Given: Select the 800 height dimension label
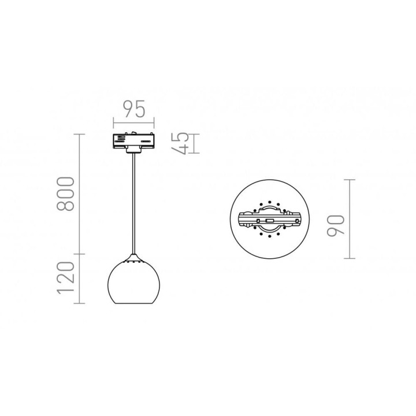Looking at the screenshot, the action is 65,194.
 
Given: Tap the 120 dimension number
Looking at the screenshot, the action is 65,278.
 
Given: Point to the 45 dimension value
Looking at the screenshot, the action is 180,143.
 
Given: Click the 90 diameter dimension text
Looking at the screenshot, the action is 336,225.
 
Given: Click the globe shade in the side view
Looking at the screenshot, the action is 133,283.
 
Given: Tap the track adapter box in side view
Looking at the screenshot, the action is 133,142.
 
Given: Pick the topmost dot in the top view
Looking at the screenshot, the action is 270,202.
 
